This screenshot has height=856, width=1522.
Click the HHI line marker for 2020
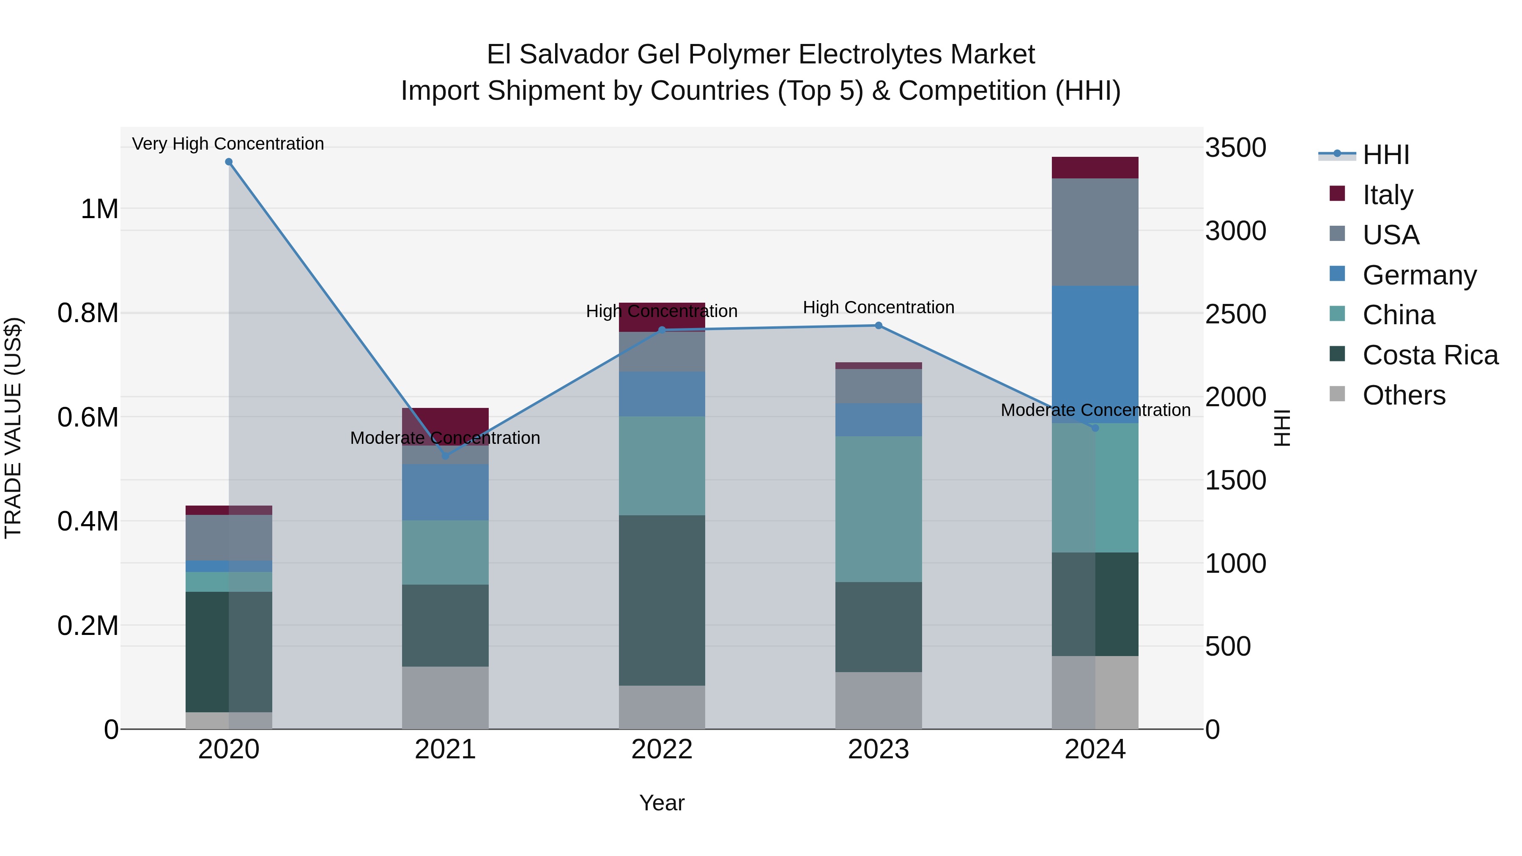(x=229, y=162)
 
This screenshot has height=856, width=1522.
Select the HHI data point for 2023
(x=878, y=325)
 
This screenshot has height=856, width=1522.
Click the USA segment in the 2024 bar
(x=1095, y=232)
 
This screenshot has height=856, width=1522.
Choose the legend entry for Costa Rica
(x=1430, y=355)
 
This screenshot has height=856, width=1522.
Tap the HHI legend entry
(x=1385, y=155)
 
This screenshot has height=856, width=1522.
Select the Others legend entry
(x=1403, y=395)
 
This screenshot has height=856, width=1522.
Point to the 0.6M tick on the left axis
(x=88, y=417)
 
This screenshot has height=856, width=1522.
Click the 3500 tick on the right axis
(x=1235, y=147)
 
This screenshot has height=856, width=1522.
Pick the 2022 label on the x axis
(x=662, y=749)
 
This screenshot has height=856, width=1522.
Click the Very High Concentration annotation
(x=227, y=144)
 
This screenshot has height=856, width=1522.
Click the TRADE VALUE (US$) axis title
(x=13, y=428)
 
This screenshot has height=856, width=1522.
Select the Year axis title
(x=662, y=803)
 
